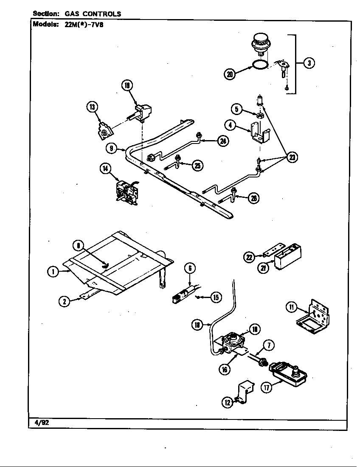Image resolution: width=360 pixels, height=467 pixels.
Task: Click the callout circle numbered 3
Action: coord(309,63)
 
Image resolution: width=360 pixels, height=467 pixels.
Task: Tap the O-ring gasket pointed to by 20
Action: coord(260,65)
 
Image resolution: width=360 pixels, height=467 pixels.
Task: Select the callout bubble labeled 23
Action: coord(292,158)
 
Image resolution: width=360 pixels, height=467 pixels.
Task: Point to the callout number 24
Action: coord(222,142)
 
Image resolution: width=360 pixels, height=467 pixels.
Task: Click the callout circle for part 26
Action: coord(253,198)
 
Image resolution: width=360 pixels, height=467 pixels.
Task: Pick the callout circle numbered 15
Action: coord(216,297)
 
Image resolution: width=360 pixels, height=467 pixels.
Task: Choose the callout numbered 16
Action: coord(225,369)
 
